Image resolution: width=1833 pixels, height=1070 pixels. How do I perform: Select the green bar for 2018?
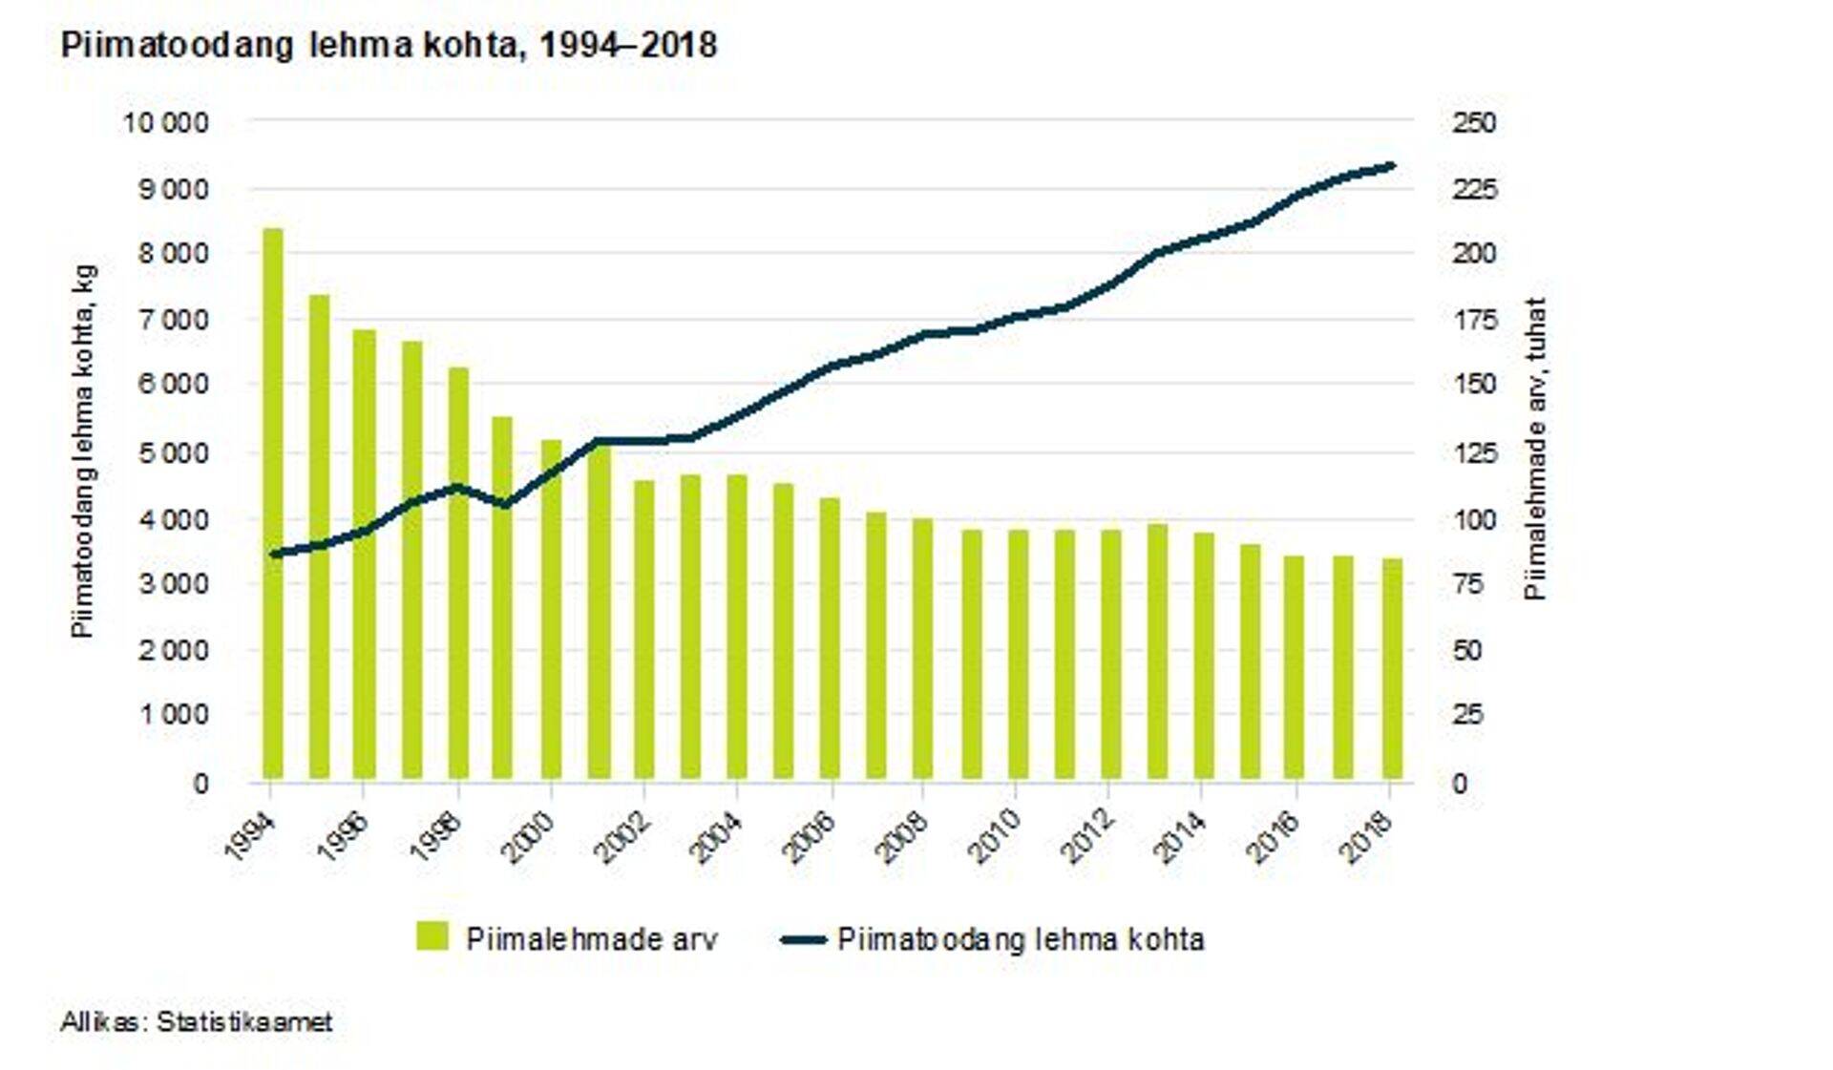(x=1392, y=668)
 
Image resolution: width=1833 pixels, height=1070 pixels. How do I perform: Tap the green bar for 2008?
(x=923, y=649)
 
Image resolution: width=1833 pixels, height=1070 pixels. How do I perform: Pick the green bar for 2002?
(x=644, y=630)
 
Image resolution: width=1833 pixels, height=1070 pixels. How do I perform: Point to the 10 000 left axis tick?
(x=165, y=122)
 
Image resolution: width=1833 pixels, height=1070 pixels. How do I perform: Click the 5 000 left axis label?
(x=175, y=453)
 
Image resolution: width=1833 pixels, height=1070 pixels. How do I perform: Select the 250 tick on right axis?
(x=1474, y=122)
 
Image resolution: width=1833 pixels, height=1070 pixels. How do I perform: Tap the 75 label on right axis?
(x=1467, y=584)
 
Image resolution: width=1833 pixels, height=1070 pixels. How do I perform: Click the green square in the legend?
(x=432, y=936)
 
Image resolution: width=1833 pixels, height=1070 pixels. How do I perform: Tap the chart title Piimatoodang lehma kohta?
(x=389, y=45)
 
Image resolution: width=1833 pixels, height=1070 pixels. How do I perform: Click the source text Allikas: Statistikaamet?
(x=197, y=1022)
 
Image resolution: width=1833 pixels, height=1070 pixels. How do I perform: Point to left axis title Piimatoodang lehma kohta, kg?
(x=84, y=451)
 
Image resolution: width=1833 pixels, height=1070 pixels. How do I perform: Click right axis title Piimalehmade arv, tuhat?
(x=1535, y=450)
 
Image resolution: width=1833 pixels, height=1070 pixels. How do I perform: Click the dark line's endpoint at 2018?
(x=1392, y=166)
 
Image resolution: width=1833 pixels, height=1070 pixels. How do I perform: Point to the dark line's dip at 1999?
(x=506, y=504)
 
